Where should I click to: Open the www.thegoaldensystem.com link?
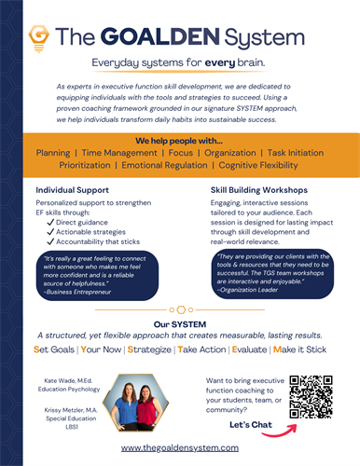coord(180,448)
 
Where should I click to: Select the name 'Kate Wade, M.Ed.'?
coord(72,381)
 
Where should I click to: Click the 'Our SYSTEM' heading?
coord(179,323)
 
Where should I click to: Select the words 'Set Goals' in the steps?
coord(59,350)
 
